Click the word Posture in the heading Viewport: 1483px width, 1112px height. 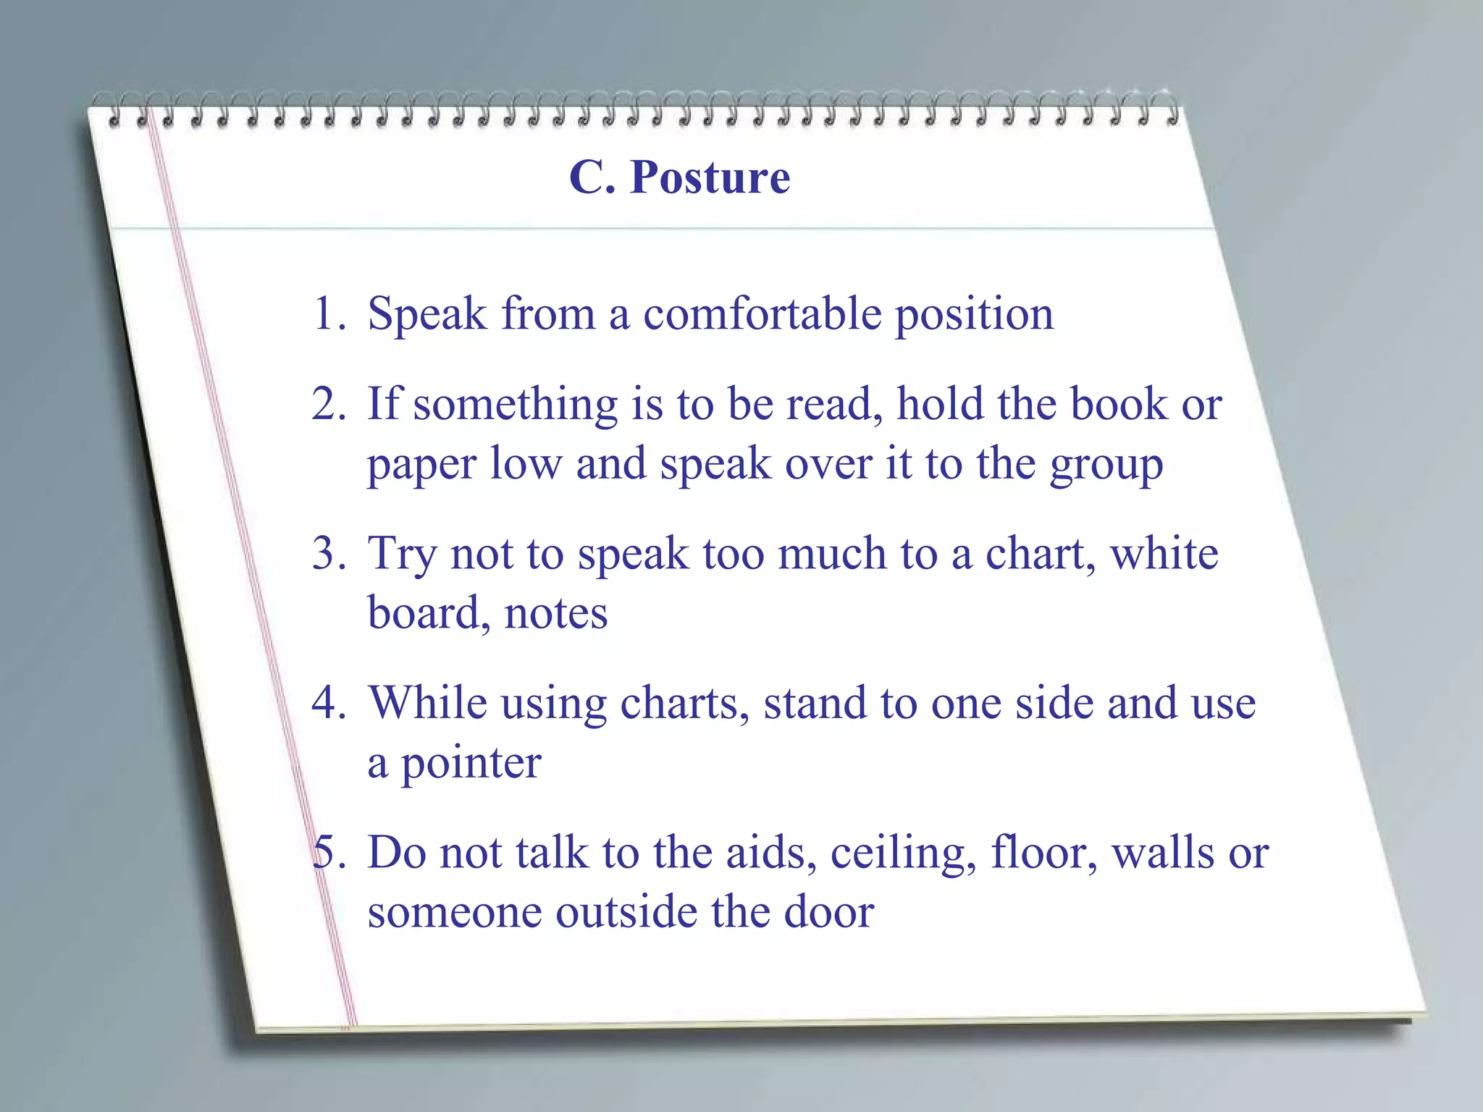pyautogui.click(x=710, y=177)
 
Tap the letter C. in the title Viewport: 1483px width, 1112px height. pyautogui.click(x=592, y=177)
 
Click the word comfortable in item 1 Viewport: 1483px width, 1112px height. pyautogui.click(x=762, y=314)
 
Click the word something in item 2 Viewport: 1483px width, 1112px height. pyautogui.click(x=515, y=405)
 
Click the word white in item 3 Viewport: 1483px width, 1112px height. pyautogui.click(x=1164, y=554)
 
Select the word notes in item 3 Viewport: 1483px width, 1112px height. pyautogui.click(x=555, y=615)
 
